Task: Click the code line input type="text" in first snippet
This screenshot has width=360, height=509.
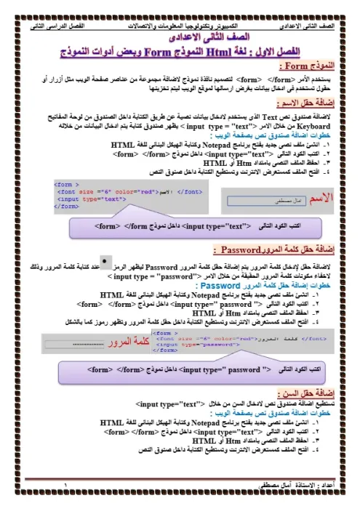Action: (x=77, y=198)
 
